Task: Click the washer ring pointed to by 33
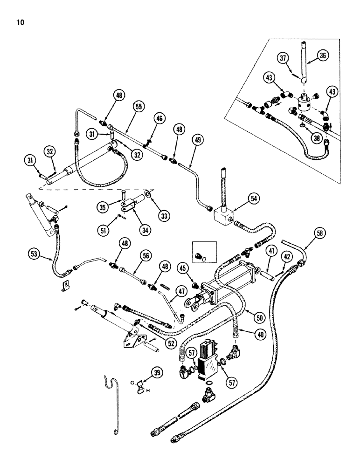pos(147,193)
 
